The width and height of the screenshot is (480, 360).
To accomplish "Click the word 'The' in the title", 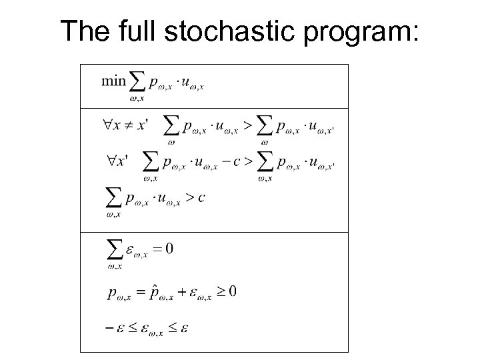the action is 83,31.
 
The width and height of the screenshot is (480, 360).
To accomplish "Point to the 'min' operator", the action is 113,81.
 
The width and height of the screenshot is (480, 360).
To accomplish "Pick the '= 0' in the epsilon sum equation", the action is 164,249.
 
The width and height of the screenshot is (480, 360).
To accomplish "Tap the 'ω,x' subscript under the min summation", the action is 137,98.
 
